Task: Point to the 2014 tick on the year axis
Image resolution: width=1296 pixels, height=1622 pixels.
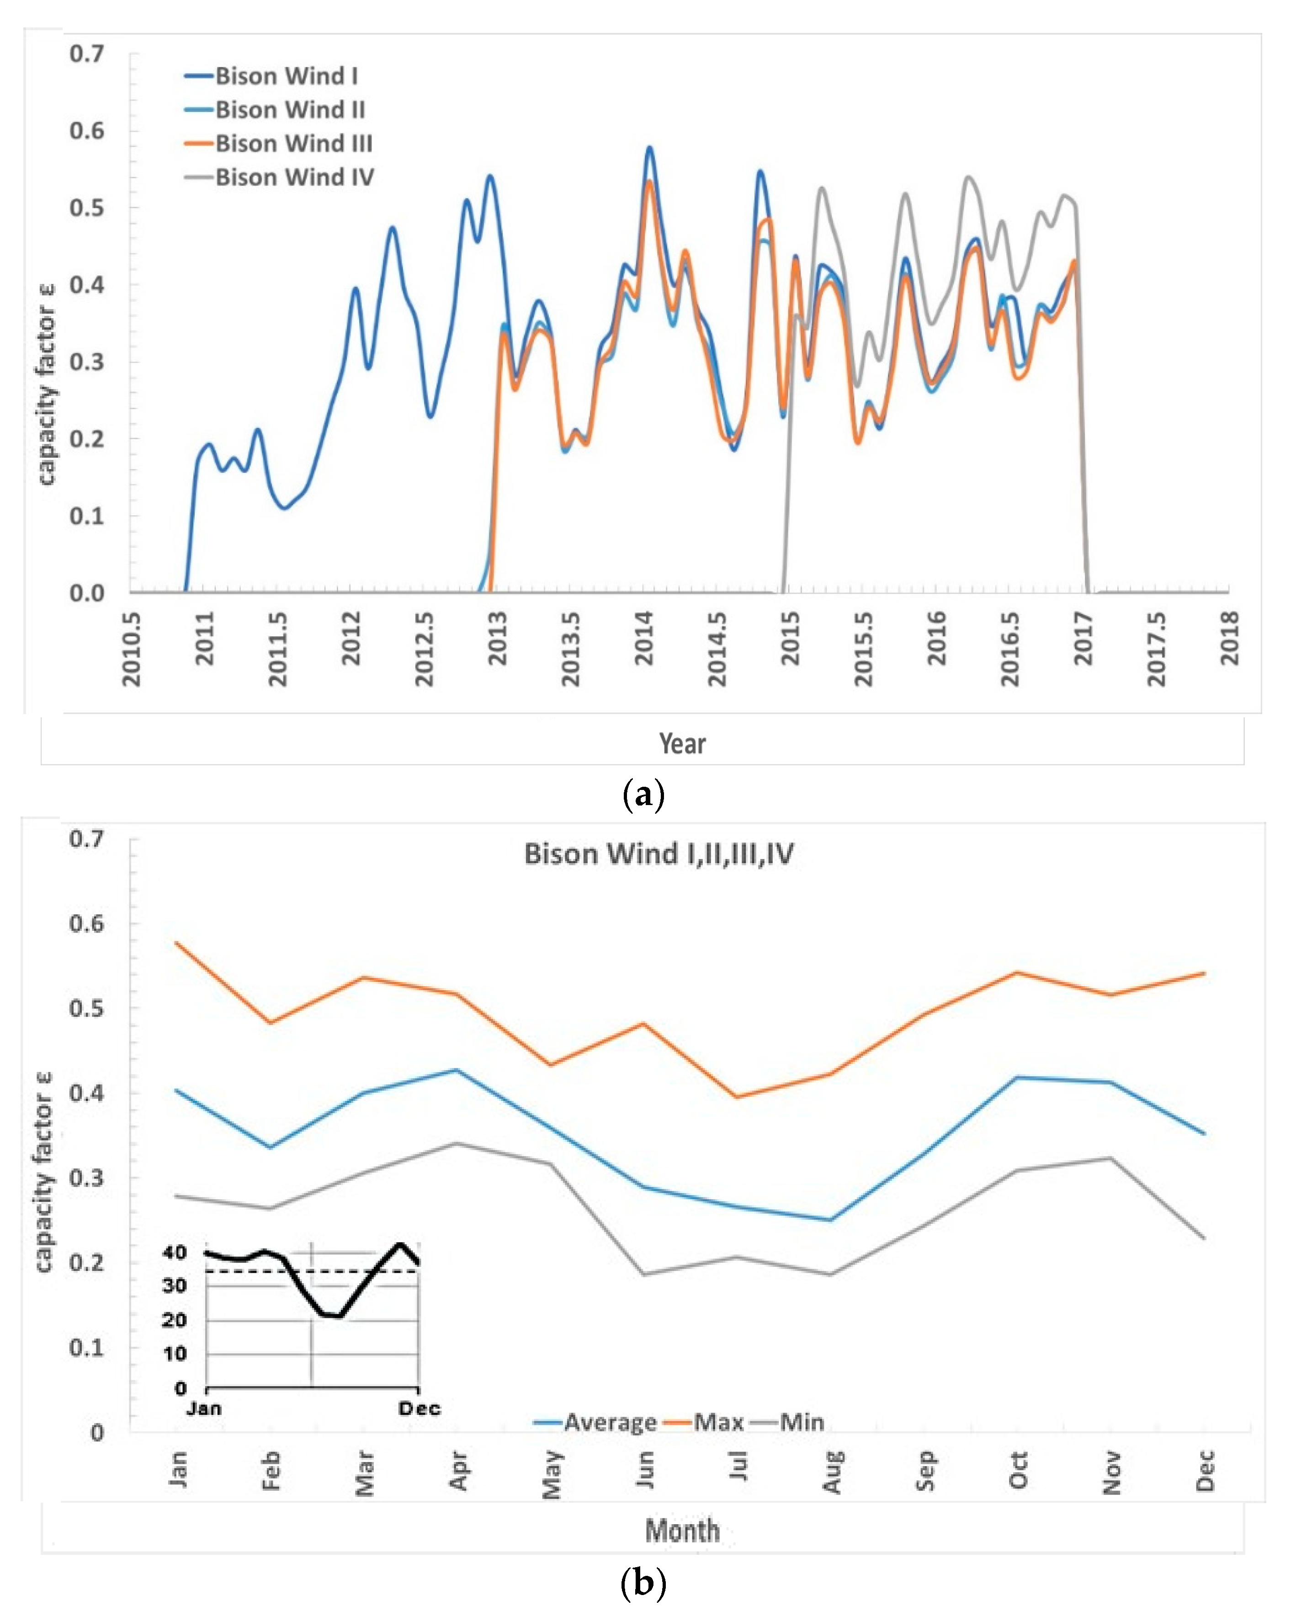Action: (x=645, y=638)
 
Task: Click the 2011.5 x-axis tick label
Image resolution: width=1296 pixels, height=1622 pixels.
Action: (x=278, y=649)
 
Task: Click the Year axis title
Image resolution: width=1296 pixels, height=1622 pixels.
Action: (x=682, y=743)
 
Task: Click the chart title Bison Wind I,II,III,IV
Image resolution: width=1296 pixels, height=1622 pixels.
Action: (x=659, y=854)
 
